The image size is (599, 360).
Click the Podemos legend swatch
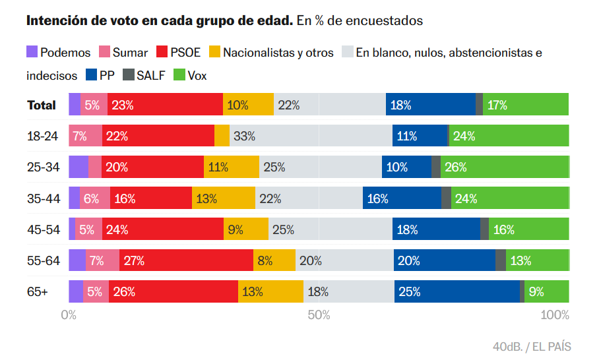(32, 52)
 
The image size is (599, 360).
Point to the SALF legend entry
(152, 76)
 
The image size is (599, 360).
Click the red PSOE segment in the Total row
(165, 105)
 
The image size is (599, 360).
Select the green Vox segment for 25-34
(505, 167)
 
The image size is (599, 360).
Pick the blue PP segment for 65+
(457, 291)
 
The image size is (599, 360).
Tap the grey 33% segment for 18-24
(311, 136)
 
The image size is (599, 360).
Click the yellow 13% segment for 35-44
(223, 198)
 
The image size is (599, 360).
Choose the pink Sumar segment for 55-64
(102, 260)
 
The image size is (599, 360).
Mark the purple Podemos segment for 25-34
(78, 167)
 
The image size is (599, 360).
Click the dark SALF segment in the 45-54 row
(484, 229)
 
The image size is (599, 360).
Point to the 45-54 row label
(43, 229)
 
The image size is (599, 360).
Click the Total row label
(41, 105)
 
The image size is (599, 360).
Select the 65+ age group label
(37, 291)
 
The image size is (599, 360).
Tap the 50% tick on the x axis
(319, 315)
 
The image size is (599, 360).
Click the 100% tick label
(554, 315)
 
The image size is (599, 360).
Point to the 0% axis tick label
(69, 315)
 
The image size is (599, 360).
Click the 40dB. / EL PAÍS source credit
(531, 346)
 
